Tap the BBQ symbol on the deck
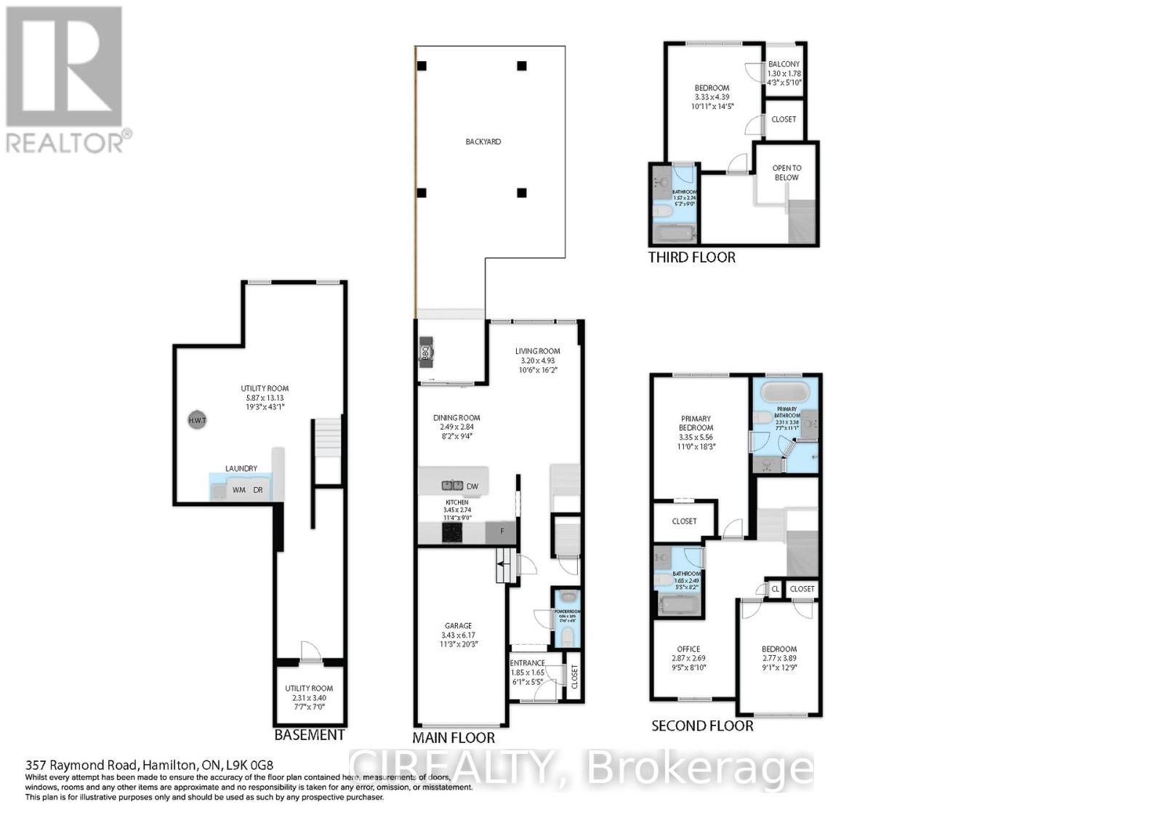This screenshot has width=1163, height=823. (427, 353)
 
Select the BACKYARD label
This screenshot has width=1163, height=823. (483, 142)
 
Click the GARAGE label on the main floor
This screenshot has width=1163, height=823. (458, 625)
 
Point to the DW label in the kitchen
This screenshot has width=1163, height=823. (472, 486)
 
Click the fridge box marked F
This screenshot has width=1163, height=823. (501, 532)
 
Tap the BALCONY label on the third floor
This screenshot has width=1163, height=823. (784, 64)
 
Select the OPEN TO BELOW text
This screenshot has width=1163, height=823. (786, 172)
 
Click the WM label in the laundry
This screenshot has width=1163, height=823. (238, 490)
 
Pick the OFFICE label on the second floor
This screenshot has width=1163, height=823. (688, 649)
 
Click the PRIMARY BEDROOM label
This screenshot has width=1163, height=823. (696, 423)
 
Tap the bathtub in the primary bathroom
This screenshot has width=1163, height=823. (784, 392)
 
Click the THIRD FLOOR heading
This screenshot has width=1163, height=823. (691, 257)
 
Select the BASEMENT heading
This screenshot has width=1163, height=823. (310, 734)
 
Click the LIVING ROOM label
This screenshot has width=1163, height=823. (538, 351)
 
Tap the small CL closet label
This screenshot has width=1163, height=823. (775, 589)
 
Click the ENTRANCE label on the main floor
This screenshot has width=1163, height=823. (527, 663)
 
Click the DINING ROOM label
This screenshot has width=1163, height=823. (456, 418)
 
